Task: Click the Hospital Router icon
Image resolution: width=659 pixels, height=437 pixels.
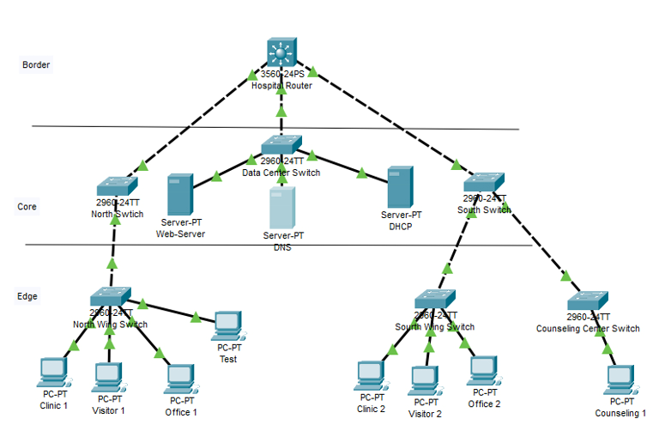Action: click(x=281, y=55)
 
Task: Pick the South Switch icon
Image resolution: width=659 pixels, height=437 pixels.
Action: click(x=484, y=182)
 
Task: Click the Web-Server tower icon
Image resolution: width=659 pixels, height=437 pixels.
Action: click(x=179, y=195)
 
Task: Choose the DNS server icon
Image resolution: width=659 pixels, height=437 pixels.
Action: click(x=281, y=207)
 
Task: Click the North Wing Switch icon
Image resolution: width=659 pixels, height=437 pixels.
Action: click(x=112, y=295)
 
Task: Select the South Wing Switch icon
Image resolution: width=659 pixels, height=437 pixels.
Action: click(x=435, y=300)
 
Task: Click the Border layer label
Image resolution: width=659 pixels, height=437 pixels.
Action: click(x=36, y=65)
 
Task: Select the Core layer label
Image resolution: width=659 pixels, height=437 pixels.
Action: click(x=27, y=207)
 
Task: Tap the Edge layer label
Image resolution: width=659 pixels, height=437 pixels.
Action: click(x=27, y=296)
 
